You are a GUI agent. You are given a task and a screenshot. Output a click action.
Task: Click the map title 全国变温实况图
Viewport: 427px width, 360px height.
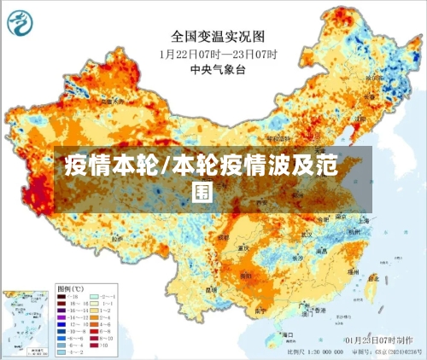pos(213,37)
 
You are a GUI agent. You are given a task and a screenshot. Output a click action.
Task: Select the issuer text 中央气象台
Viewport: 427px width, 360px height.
pos(213,68)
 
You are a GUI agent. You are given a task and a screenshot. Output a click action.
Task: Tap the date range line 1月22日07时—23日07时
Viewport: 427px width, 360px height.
pos(213,53)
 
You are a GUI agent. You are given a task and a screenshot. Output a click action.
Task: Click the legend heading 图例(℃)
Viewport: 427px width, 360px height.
pos(69,288)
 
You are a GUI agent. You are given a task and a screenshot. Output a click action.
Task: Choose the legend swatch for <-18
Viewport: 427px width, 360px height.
pos(63,295)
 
